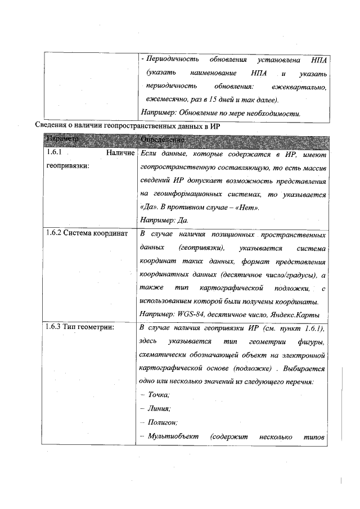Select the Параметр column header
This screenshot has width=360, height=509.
[x=64, y=138]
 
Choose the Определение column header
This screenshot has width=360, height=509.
[x=162, y=138]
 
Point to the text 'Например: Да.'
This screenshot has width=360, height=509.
[x=163, y=219]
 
